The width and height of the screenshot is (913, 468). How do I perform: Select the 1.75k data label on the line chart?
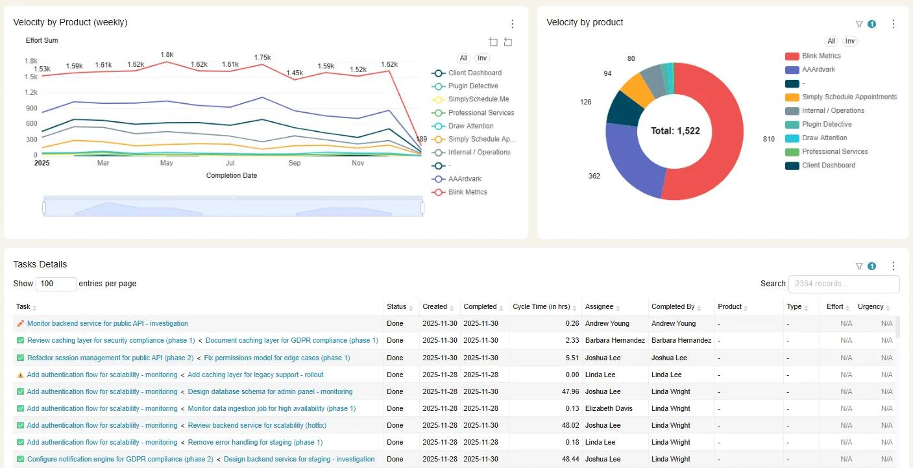(262, 58)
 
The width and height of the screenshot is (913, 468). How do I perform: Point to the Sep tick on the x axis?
(295, 163)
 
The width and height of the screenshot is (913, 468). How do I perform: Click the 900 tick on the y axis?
(31, 108)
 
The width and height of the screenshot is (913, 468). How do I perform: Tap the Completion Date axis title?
(232, 175)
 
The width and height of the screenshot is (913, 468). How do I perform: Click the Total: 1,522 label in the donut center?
(675, 131)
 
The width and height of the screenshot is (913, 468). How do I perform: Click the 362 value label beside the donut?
(594, 176)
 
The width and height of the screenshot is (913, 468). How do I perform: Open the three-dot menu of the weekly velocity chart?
(513, 23)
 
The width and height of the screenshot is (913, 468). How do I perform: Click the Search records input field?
(844, 284)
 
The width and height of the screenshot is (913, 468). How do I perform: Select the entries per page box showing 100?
(56, 284)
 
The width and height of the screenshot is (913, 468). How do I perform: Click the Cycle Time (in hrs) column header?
(541, 306)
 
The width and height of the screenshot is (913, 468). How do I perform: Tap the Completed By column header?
(673, 306)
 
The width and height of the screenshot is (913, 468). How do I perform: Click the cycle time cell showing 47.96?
(570, 391)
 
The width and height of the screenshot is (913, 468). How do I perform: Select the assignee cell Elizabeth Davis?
(609, 408)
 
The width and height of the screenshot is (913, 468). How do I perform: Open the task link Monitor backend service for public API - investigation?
(108, 323)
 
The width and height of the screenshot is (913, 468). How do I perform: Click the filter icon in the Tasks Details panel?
(859, 266)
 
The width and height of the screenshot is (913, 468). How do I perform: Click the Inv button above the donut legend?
(850, 41)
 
